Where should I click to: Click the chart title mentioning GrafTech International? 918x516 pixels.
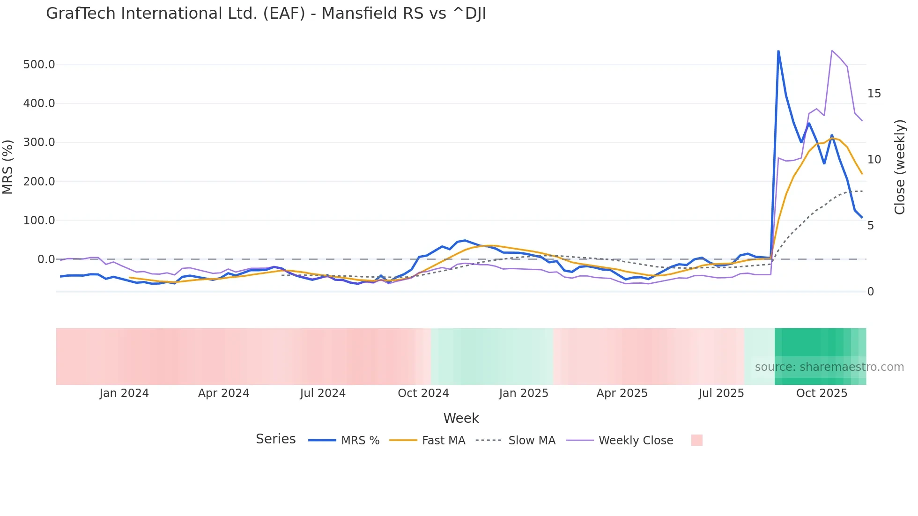(x=266, y=14)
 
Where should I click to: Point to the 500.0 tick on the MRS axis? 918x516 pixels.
(x=39, y=65)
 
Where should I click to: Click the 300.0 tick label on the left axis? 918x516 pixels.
(x=39, y=142)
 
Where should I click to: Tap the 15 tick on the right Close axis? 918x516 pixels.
(x=874, y=94)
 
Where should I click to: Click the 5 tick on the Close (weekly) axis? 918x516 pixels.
(x=871, y=226)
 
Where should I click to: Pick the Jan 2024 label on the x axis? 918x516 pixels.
(x=124, y=393)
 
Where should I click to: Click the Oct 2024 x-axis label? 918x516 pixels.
(x=423, y=393)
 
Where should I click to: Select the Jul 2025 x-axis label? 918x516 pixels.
(x=721, y=393)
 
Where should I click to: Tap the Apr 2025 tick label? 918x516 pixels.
(x=622, y=393)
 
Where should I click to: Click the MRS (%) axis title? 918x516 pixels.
(x=8, y=167)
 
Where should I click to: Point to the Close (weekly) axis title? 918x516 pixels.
(x=900, y=167)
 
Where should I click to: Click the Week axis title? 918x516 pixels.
(x=461, y=418)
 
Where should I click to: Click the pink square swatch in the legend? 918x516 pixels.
(x=696, y=440)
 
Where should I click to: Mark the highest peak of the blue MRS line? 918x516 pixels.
(x=778, y=51)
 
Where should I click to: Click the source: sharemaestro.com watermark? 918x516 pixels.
(x=829, y=367)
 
